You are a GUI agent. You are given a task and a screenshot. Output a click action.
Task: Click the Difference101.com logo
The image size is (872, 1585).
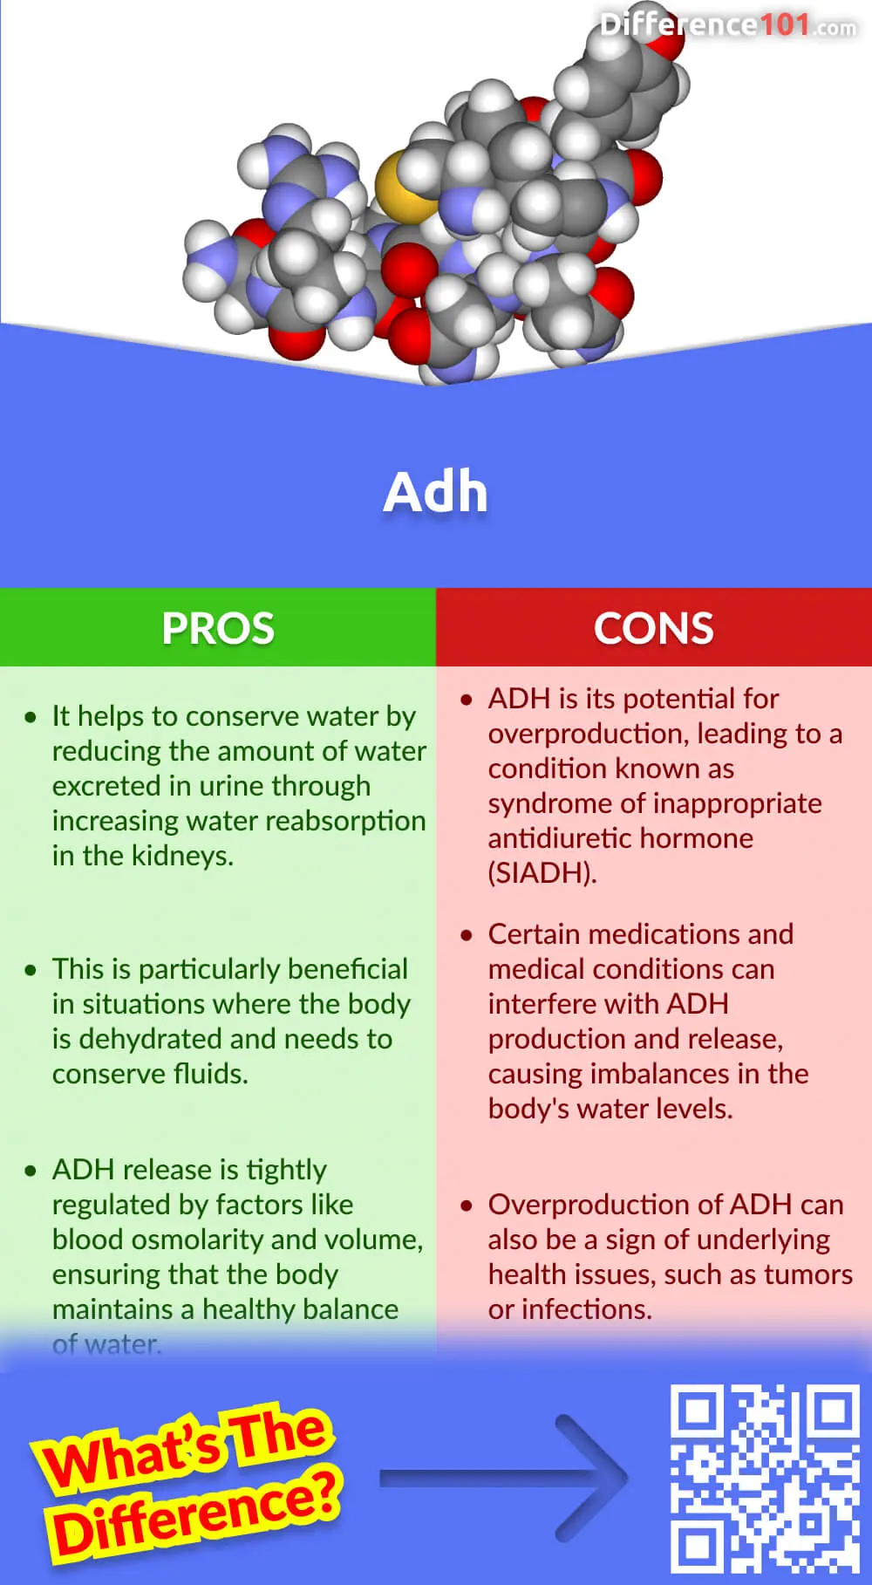728,24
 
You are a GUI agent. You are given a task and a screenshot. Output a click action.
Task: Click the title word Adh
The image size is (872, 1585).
435,492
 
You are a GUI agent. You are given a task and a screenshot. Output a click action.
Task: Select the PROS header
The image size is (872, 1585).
218,628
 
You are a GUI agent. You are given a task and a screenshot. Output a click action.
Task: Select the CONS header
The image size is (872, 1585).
653,628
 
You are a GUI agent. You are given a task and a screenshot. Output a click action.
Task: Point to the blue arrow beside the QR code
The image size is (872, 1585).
506,1478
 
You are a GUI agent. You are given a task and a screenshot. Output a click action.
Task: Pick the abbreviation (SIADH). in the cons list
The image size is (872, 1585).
542,873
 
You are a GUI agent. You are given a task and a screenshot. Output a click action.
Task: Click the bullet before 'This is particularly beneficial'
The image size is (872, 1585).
31,970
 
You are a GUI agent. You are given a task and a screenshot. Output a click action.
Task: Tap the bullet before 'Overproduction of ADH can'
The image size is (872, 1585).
467,1206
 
